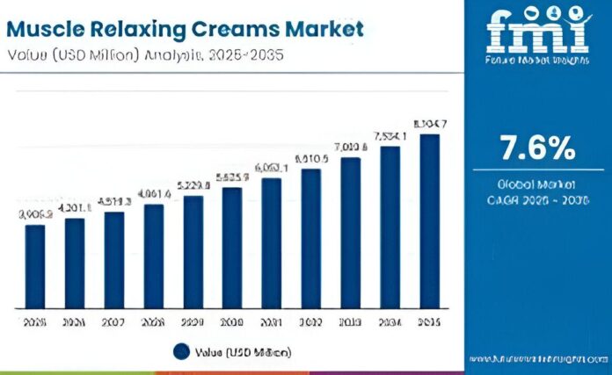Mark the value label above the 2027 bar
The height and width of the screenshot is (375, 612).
pyautogui.click(x=114, y=202)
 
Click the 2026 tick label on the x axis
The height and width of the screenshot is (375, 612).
pyautogui.click(x=75, y=323)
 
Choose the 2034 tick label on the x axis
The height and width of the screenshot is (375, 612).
pyautogui.click(x=390, y=323)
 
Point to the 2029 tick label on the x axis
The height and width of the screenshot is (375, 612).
pyautogui.click(x=193, y=323)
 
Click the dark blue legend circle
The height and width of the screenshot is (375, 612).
pyautogui.click(x=181, y=352)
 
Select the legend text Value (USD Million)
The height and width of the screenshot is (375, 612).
pyautogui.click(x=243, y=352)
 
